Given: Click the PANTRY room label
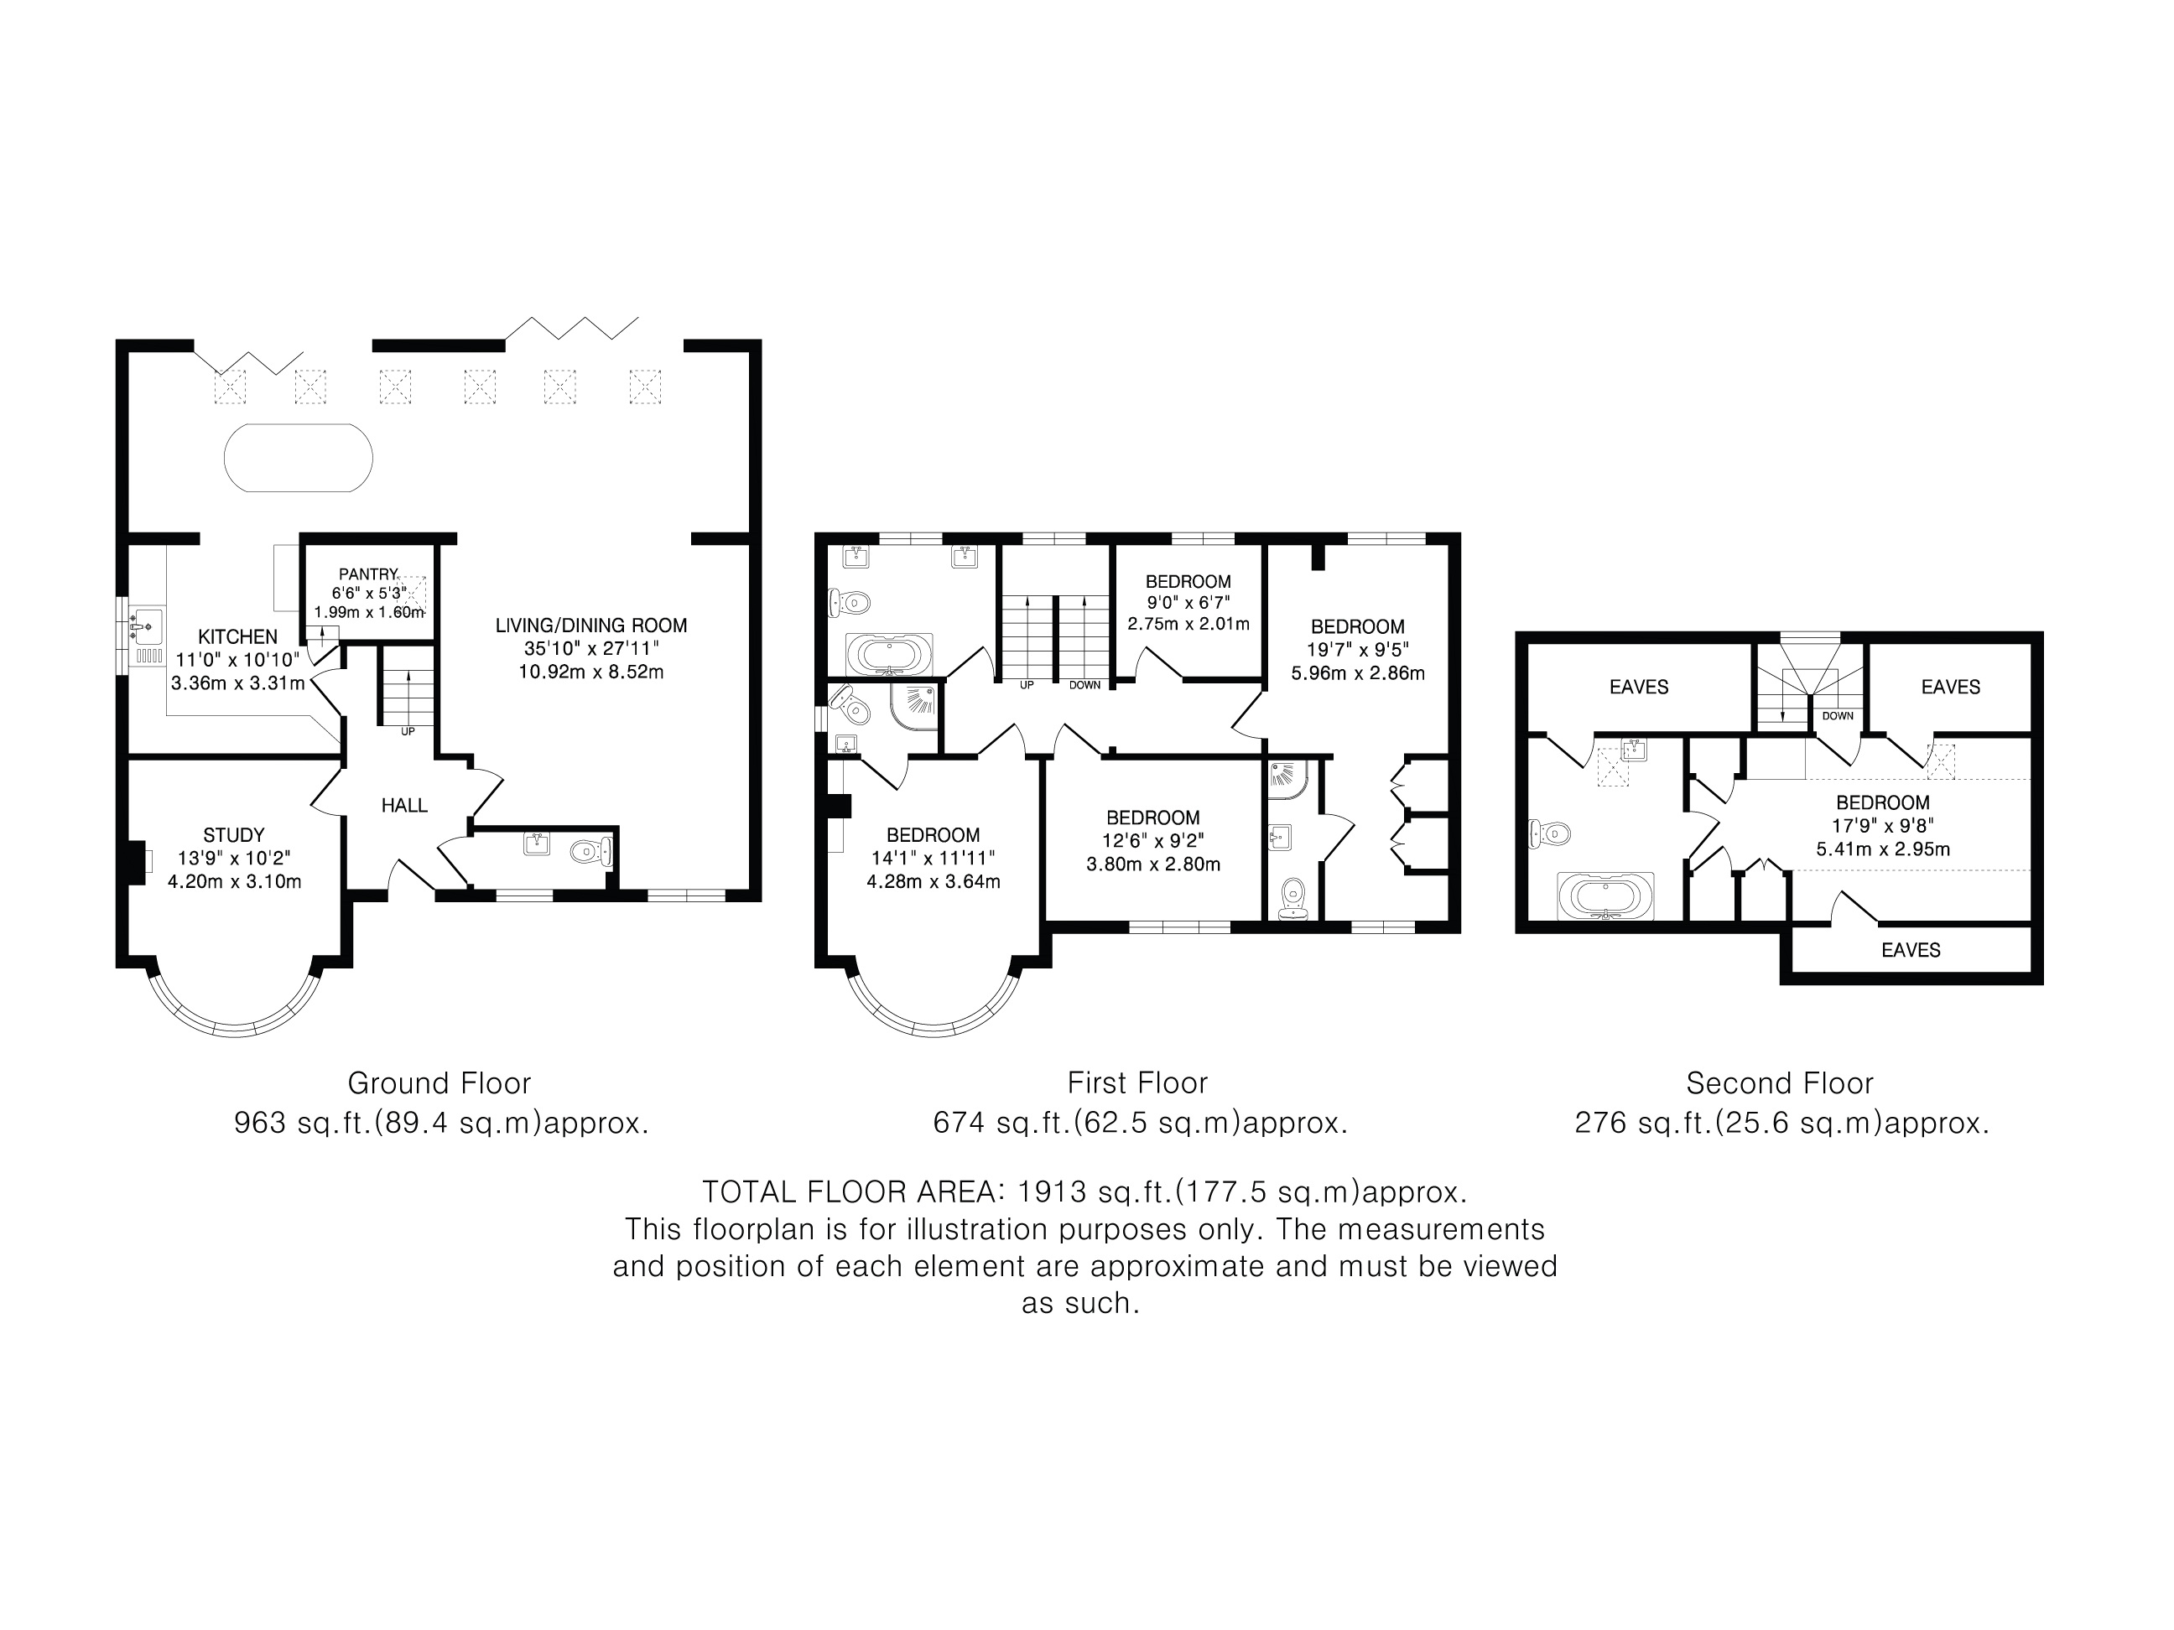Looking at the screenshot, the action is [x=367, y=574].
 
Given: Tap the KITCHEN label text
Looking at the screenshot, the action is [x=238, y=636].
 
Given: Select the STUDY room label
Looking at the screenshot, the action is [x=234, y=835].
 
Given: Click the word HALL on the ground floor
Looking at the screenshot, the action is [x=404, y=806].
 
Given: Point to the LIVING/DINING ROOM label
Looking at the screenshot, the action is [x=590, y=625].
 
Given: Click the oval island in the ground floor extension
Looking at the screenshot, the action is [x=299, y=458].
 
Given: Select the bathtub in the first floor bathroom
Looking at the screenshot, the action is [x=889, y=653].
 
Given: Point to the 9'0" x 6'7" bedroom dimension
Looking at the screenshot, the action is [x=1188, y=602].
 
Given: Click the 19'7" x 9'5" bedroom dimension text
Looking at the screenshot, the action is [x=1357, y=650].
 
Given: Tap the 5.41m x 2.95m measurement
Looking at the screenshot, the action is [x=1882, y=849].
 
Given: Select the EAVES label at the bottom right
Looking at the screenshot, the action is [x=1911, y=950].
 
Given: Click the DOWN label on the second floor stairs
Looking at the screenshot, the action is [x=1837, y=716].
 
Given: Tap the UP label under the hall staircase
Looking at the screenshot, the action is [x=408, y=731].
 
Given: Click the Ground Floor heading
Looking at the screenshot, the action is [x=439, y=1082].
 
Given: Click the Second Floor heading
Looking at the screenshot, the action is [x=1780, y=1082].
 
